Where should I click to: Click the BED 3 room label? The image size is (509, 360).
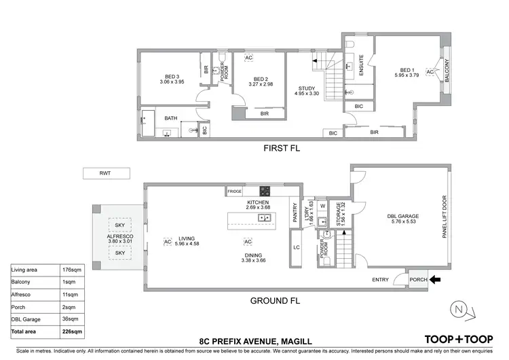[x=172, y=76]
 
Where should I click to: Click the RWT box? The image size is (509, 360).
[x=105, y=173]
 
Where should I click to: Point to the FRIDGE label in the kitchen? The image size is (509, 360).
[x=235, y=192]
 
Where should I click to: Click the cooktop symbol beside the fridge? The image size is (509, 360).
[x=266, y=191]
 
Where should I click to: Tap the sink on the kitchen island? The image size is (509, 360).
[x=265, y=218]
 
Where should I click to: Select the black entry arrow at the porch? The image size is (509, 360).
[x=435, y=278]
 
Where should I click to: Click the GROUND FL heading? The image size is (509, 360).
[x=274, y=301]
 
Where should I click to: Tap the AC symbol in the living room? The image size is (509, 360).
[x=167, y=241]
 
